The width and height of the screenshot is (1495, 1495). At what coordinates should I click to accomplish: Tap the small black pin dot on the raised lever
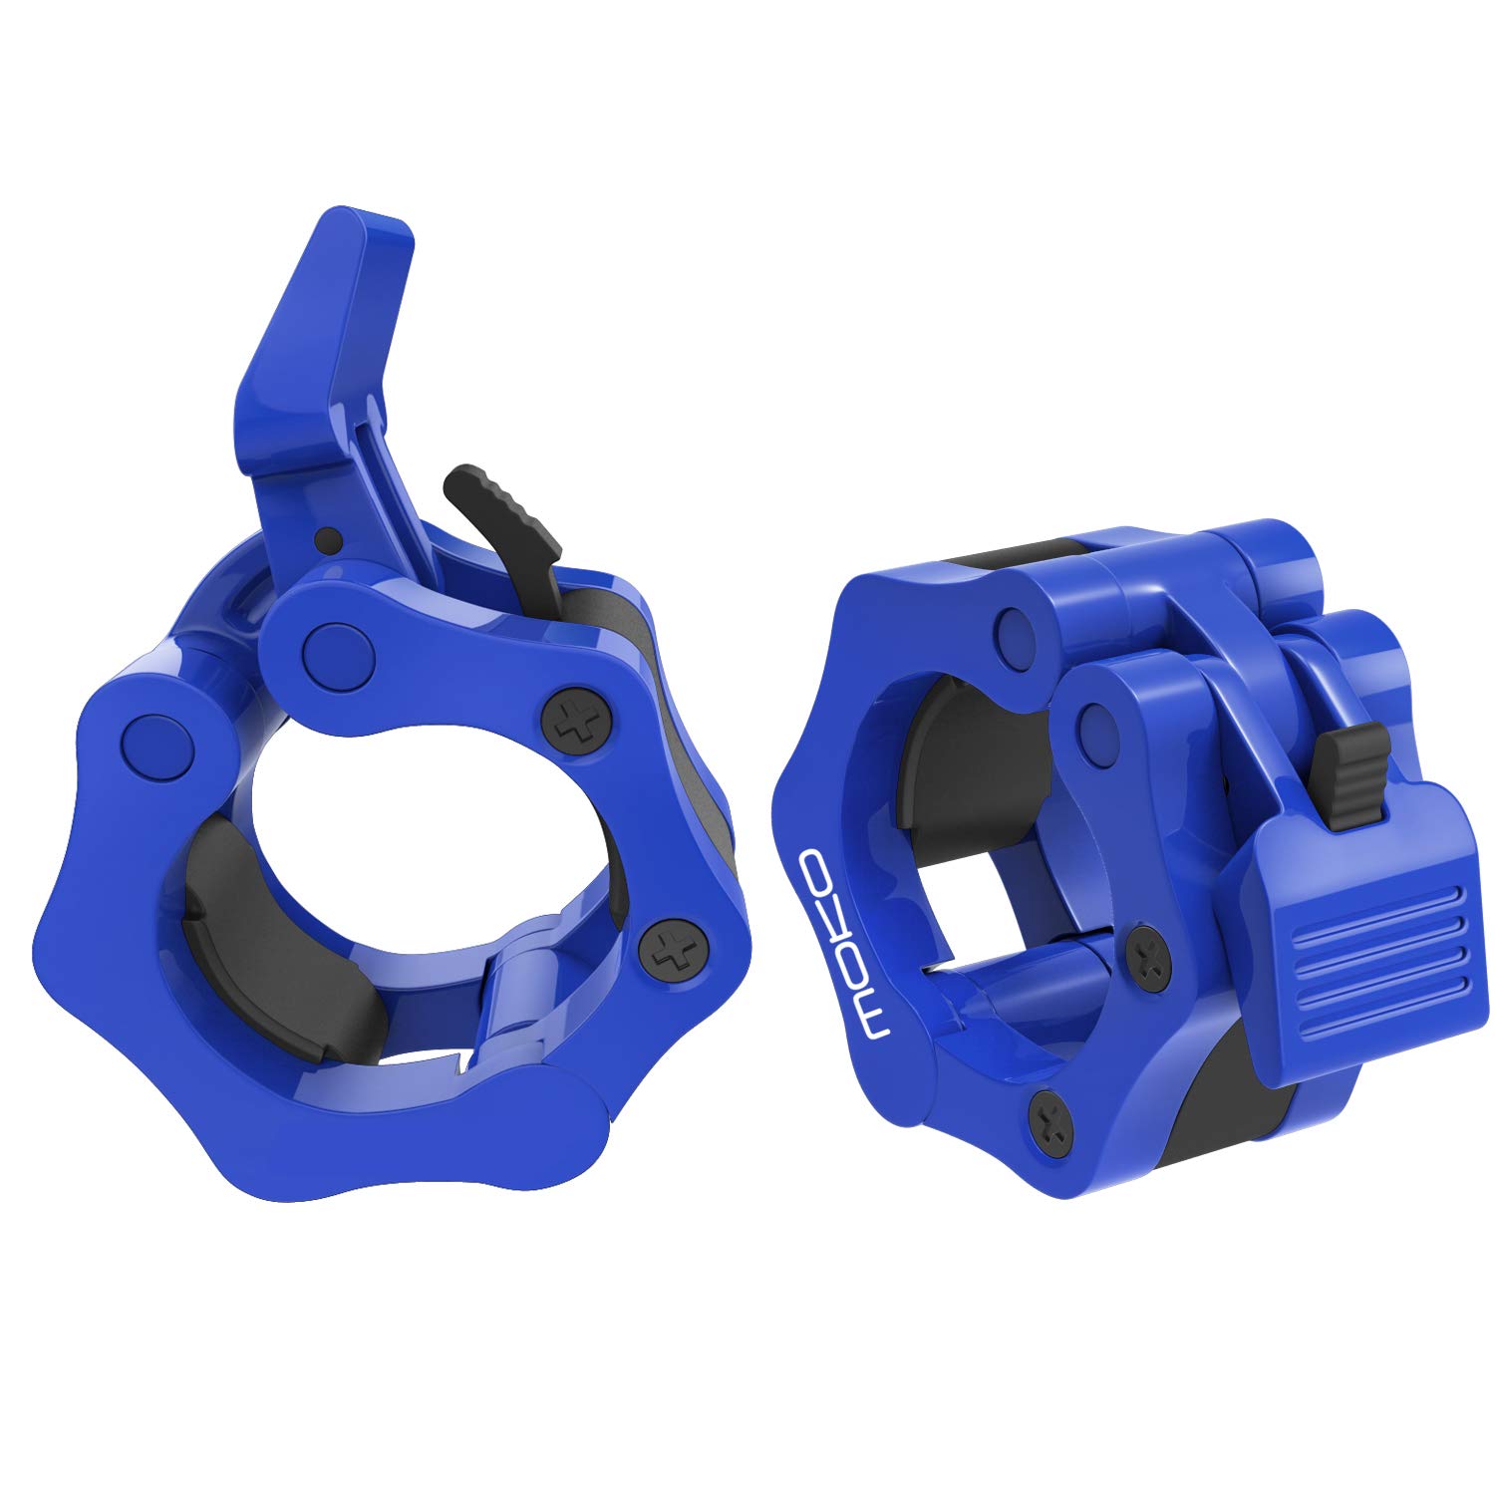pos(325,539)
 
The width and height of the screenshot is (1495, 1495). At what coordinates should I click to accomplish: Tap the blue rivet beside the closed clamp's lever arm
pos(1097,719)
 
